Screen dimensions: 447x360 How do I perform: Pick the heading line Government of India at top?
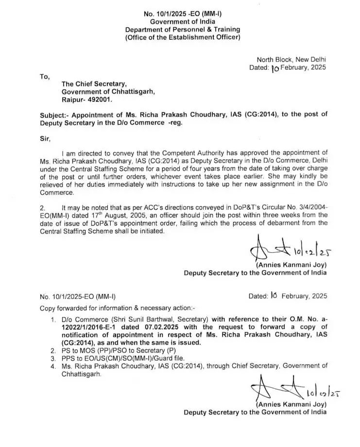pyautogui.click(x=182, y=22)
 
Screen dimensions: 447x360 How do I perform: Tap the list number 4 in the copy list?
pyautogui.click(x=52, y=365)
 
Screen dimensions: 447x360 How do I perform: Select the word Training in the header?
pyautogui.click(x=223, y=30)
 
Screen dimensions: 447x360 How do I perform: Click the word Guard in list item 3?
pyautogui.click(x=165, y=358)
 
